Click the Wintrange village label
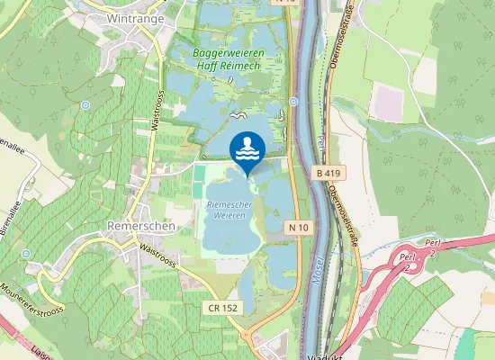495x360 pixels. (x=134, y=17)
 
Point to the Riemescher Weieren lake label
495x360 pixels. (x=227, y=211)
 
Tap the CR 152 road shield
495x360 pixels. (x=224, y=308)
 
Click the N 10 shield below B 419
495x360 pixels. (x=300, y=228)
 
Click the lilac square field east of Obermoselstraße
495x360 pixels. (x=389, y=101)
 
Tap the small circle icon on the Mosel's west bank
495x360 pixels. (x=293, y=101)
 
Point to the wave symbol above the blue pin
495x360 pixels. (x=237, y=115)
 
